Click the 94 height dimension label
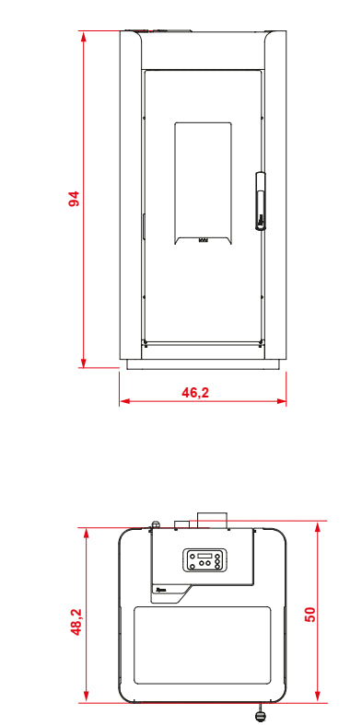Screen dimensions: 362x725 (x=74, y=199)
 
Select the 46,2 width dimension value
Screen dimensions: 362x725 (x=195, y=393)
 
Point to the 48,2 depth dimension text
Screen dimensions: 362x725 (x=76, y=621)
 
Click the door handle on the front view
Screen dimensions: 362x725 (x=261, y=201)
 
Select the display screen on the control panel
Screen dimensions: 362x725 (x=204, y=556)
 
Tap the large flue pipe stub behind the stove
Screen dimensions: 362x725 (x=213, y=520)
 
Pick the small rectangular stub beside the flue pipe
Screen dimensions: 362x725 (x=182, y=524)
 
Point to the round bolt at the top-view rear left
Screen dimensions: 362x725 (x=156, y=524)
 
